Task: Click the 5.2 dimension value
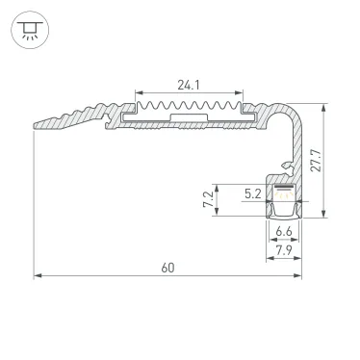coord(252,193)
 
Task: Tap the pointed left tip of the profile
coord(36,124)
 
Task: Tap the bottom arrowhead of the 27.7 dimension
coord(326,218)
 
